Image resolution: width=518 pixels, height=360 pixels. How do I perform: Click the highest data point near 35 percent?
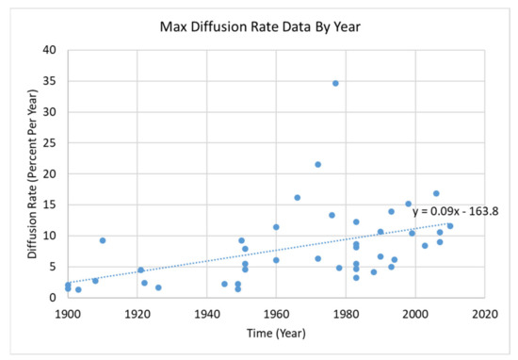click(x=335, y=83)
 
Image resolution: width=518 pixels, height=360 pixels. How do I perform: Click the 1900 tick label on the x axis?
click(x=68, y=312)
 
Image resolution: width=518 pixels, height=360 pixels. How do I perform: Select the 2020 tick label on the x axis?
click(x=485, y=312)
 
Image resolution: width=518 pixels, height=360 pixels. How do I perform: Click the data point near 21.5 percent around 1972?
click(x=318, y=164)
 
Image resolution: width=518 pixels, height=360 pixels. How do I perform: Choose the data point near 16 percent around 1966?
click(x=298, y=198)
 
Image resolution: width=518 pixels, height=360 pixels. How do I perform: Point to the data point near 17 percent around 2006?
click(x=436, y=193)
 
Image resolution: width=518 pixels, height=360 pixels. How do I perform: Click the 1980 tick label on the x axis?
click(x=346, y=312)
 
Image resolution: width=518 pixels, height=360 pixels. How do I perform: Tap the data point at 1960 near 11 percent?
click(x=276, y=227)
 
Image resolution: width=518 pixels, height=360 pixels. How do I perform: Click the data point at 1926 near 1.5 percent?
click(x=158, y=287)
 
